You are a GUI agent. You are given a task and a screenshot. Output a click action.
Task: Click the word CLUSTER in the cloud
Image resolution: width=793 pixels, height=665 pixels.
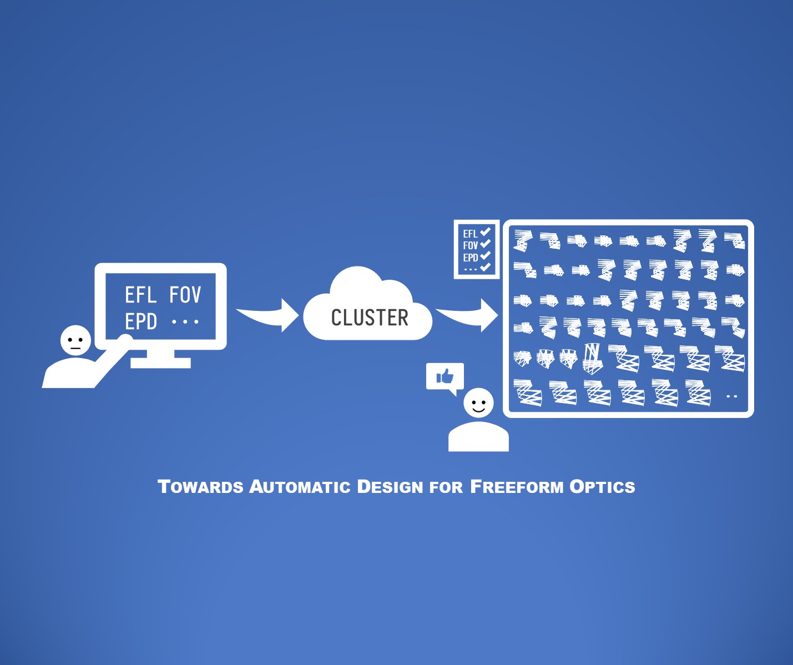click(370, 318)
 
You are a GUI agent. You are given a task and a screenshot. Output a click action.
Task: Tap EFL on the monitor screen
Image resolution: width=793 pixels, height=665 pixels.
click(140, 295)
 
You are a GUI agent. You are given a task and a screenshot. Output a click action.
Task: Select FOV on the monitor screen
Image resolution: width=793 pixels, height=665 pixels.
click(185, 295)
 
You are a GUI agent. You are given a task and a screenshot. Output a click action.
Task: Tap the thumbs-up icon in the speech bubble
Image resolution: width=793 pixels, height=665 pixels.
click(445, 377)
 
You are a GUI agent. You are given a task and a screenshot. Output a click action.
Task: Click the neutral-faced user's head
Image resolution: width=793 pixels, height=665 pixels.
click(75, 340)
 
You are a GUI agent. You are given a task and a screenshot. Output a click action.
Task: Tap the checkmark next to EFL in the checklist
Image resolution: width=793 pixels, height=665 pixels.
click(486, 231)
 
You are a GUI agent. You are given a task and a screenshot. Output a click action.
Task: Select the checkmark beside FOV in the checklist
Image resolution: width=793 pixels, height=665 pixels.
click(486, 244)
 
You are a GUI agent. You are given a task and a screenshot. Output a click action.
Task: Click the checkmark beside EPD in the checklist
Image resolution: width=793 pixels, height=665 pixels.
click(486, 256)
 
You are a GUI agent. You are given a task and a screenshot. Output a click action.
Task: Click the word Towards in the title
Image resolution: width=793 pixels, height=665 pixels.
click(200, 487)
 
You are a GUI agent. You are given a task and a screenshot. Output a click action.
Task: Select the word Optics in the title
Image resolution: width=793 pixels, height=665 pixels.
click(602, 487)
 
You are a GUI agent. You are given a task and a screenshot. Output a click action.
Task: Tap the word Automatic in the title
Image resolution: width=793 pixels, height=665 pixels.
click(300, 487)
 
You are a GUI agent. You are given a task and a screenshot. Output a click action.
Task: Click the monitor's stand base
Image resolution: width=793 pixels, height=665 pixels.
click(161, 363)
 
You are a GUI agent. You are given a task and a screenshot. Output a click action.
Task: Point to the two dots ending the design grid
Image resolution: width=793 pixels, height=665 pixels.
click(731, 396)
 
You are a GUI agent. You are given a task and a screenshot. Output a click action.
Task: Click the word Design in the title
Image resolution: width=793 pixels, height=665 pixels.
click(390, 487)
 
